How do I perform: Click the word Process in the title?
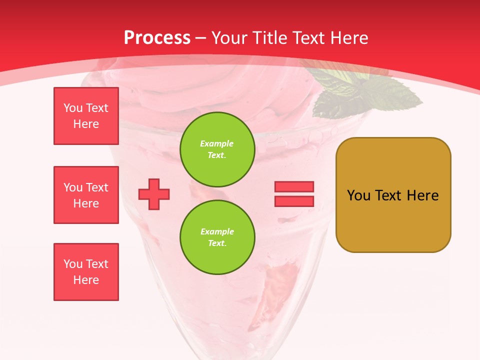coord(157,38)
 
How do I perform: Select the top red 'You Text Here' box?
coord(86,116)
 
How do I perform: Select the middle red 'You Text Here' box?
coord(86,195)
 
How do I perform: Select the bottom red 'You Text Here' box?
coord(86,272)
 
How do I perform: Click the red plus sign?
coord(154,194)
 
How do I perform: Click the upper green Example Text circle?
coord(217,149)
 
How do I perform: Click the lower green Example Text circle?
coord(217,237)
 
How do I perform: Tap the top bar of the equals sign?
coord(294,187)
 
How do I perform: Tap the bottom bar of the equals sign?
coord(294,201)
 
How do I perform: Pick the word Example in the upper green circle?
coord(216,143)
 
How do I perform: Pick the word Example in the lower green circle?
coord(217,231)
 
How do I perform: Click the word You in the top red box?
coord(73,108)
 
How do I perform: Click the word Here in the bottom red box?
coord(86,280)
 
